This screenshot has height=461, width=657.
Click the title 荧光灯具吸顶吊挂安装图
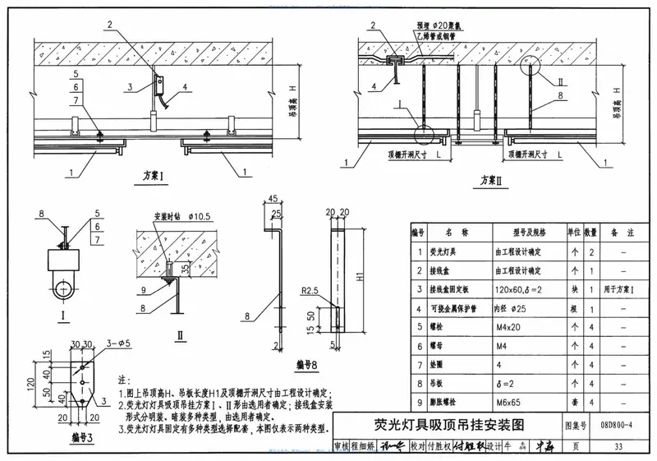[443, 424]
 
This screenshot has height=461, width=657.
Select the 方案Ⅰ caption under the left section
[151, 176]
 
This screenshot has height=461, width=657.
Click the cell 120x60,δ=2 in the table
[519, 288]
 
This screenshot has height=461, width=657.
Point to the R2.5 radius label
[309, 291]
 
